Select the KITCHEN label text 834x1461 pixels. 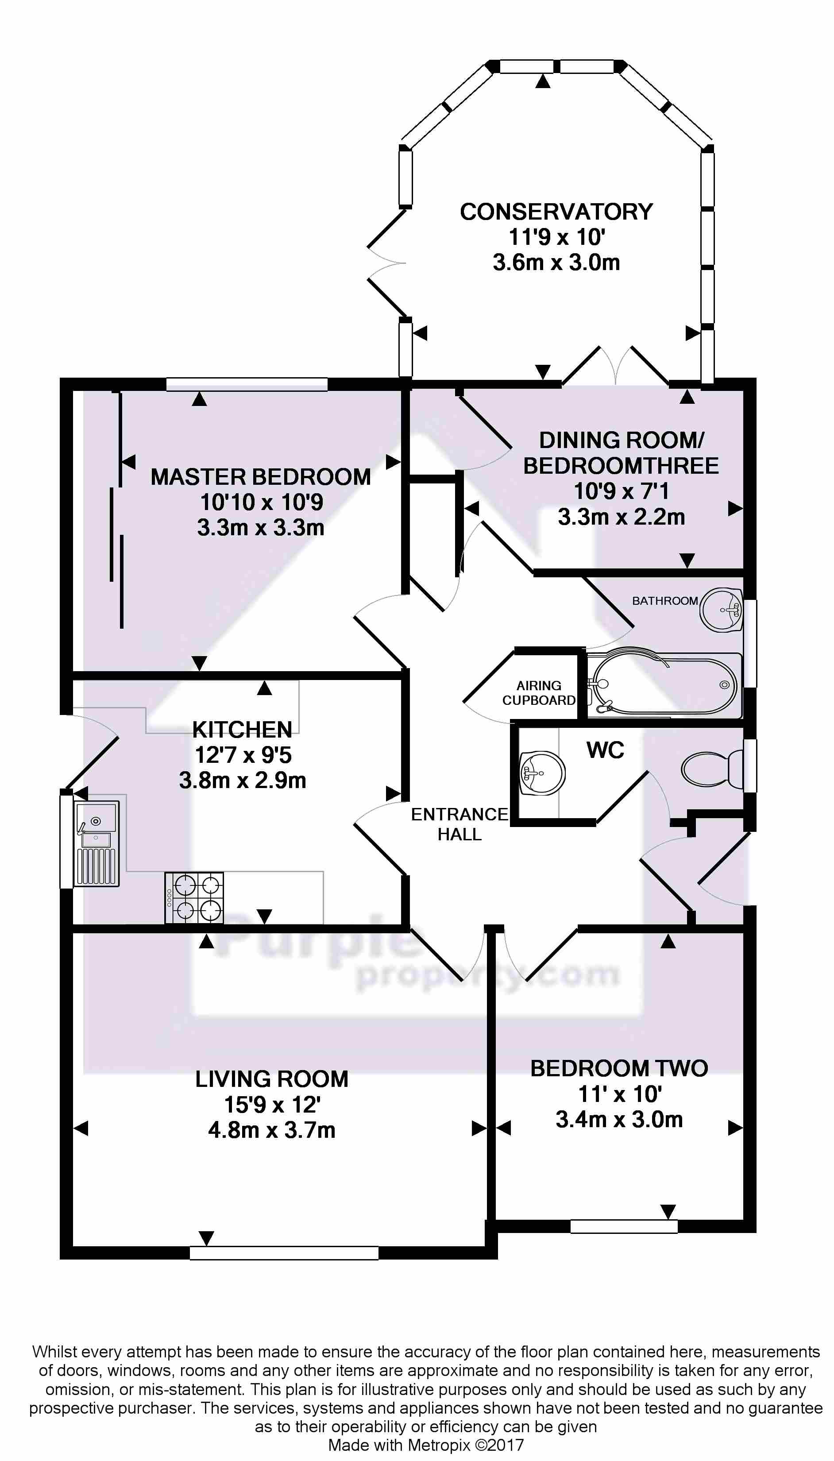pos(242,730)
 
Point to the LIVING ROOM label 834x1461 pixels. pos(271,1079)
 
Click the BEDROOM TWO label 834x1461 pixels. pos(619,1068)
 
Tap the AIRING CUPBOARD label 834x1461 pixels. pos(538,692)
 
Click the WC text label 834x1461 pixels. pos(605,750)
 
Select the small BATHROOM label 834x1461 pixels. pos(664,601)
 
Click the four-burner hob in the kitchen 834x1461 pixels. pos(194,897)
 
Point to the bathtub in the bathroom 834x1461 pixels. pos(664,685)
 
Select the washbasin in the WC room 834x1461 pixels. pos(541,773)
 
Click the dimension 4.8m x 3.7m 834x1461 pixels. pos(271,1130)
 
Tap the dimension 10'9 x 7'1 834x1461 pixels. pos(621,491)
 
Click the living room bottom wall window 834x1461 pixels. pos(284,1253)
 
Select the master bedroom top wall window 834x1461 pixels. pos(247,384)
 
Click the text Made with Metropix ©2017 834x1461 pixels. pos(425,1445)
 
